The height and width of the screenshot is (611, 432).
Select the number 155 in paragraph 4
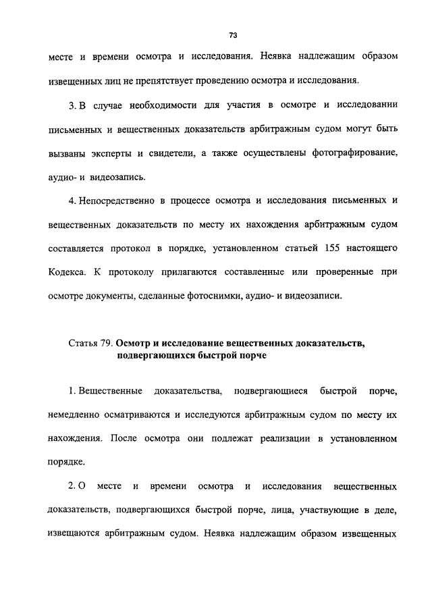(330, 248)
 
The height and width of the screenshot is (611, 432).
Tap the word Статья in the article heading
(84, 344)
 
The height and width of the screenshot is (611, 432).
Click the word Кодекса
(68, 272)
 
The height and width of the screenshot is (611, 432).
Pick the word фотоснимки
(226, 296)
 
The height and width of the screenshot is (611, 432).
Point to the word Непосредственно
(119, 201)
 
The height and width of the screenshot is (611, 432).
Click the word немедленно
(77, 415)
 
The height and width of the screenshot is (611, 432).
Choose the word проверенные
(346, 272)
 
